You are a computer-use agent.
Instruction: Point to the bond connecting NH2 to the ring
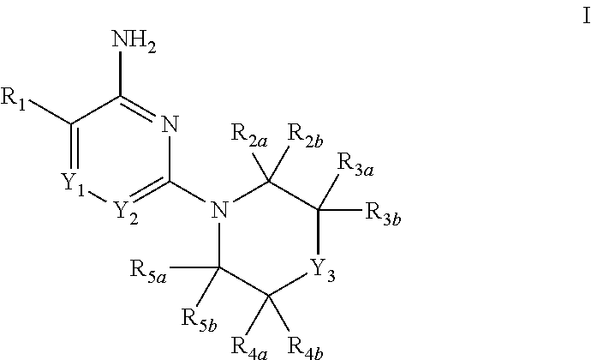click(122, 78)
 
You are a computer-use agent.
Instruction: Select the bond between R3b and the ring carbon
click(340, 209)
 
